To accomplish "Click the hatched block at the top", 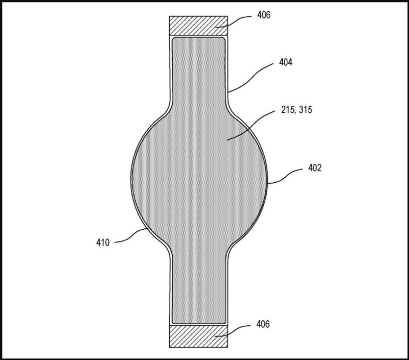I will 198,25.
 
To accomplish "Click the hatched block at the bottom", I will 198,337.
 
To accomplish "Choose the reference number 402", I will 315,167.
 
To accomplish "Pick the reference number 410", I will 102,243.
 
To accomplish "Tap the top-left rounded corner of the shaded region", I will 174,39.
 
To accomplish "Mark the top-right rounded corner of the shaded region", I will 224,39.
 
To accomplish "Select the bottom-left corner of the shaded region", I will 174,322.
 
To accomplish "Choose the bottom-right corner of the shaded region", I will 224,322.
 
